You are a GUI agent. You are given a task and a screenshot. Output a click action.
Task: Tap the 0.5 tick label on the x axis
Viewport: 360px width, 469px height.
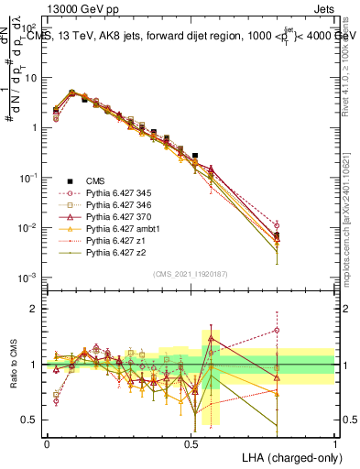pyautogui.click(x=191, y=442)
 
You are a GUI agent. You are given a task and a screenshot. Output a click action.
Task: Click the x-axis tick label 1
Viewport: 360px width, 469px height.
pyautogui.click(x=334, y=442)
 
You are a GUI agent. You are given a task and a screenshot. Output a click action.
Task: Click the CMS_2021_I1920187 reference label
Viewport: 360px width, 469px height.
pyautogui.click(x=191, y=273)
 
